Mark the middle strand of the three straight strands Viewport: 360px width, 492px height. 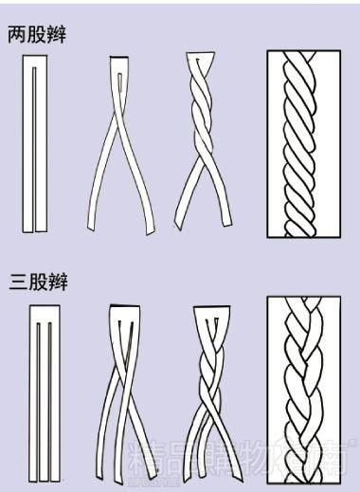pos(40,393)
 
